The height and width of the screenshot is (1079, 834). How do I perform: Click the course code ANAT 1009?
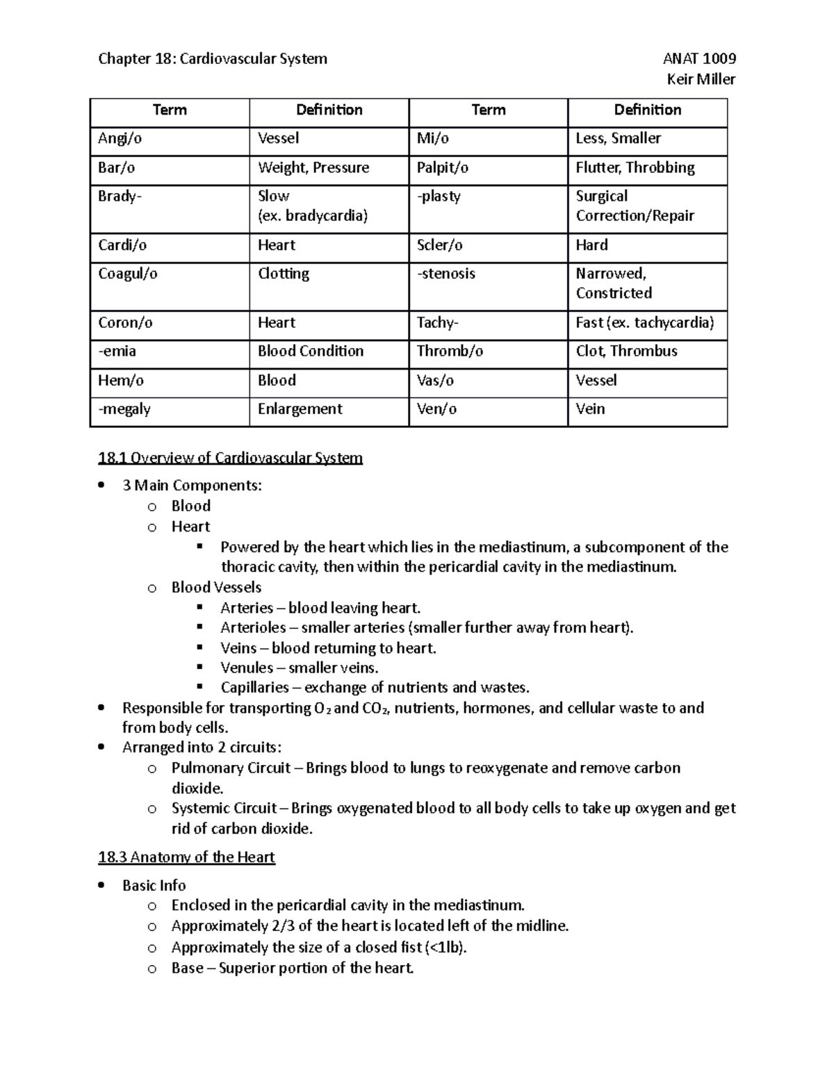[699, 58]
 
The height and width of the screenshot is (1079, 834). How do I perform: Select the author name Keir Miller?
[701, 79]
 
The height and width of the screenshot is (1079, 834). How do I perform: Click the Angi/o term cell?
[120, 138]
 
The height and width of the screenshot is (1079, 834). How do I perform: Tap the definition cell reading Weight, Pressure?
[313, 167]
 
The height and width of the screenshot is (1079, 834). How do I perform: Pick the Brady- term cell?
[120, 197]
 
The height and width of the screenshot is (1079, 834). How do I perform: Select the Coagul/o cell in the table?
[128, 274]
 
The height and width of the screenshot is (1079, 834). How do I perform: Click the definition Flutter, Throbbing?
[635, 167]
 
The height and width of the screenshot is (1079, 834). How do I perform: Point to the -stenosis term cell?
[446, 274]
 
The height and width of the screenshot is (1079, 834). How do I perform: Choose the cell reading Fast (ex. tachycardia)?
[645, 322]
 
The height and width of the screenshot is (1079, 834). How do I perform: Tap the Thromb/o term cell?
[450, 351]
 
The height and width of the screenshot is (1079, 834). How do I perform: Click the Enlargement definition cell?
[300, 409]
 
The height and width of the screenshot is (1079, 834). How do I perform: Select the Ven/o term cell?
[436, 409]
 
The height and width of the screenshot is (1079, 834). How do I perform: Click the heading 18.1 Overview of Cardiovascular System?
[230, 458]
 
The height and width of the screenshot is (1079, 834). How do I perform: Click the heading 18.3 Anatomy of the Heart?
[186, 857]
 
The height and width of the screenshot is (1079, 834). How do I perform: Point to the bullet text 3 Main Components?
[192, 486]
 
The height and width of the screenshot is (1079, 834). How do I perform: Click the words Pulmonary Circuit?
[231, 768]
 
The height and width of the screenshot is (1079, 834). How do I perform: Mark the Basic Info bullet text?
[154, 885]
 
